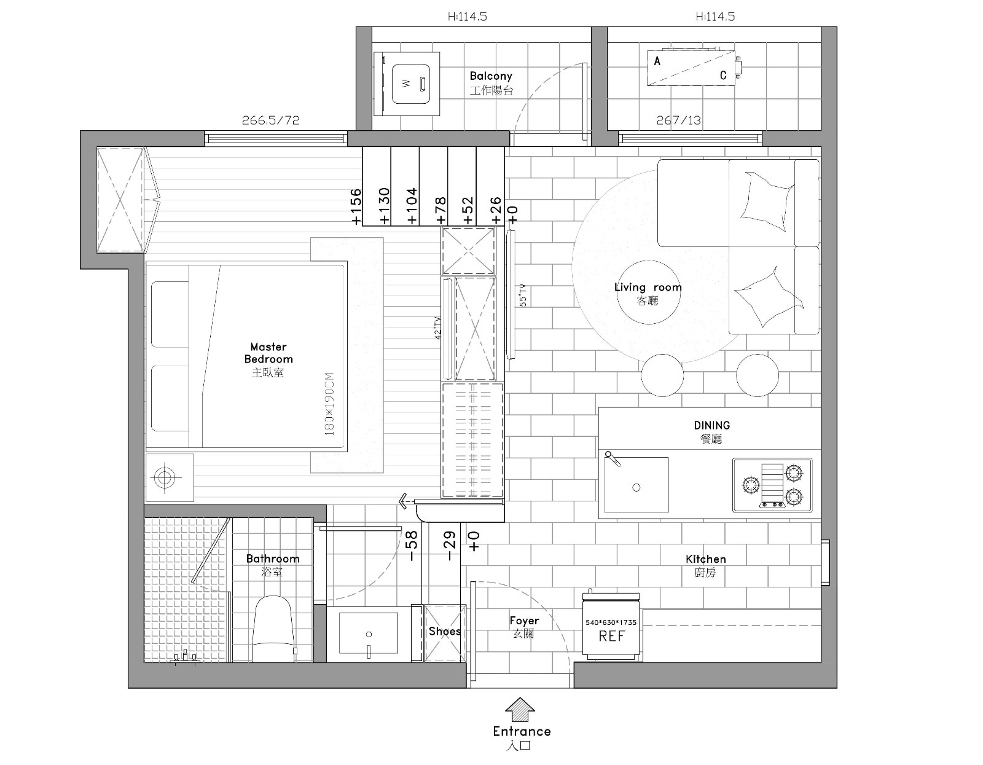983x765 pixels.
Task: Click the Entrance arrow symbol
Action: [x=520, y=709]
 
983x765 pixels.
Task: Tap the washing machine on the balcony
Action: [x=407, y=84]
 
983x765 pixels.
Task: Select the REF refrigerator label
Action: [x=611, y=636]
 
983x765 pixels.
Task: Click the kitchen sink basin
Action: [x=636, y=485]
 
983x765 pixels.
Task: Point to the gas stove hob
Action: [x=772, y=485]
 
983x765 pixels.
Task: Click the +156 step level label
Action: [x=356, y=206]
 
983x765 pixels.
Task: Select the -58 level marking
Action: [x=412, y=546]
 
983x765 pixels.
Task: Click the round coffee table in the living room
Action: [x=649, y=292]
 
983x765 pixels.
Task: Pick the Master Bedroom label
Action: [x=268, y=353]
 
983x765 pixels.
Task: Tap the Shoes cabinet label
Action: [x=445, y=631]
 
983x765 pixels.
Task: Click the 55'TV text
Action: [x=522, y=296]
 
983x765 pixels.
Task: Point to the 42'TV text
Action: [x=437, y=328]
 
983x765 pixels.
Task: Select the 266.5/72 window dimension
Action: [x=270, y=120]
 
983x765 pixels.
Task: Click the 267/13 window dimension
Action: [x=678, y=120]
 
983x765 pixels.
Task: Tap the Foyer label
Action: [x=524, y=620]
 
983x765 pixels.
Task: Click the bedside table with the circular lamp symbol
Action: [x=170, y=477]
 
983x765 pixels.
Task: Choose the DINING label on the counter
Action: [x=712, y=425]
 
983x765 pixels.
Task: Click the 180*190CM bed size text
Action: [x=329, y=404]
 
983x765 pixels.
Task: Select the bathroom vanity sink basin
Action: [x=369, y=634]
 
